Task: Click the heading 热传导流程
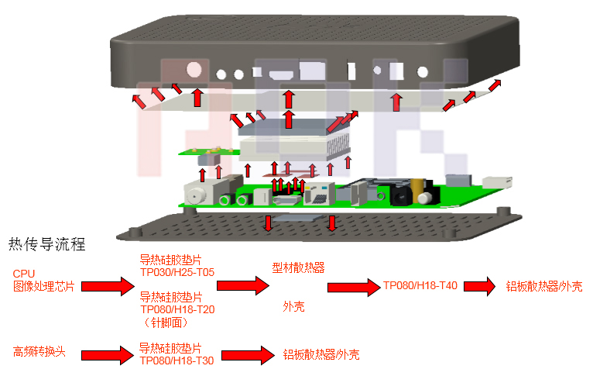point(46,245)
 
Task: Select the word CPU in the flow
point(24,274)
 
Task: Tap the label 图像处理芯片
point(43,286)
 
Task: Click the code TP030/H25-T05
point(177,272)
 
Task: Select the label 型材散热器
point(298,267)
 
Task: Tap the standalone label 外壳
point(293,307)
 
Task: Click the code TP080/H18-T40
point(420,285)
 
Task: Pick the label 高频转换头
point(39,352)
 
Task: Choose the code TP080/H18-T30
point(177,360)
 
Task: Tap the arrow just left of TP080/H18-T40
point(353,287)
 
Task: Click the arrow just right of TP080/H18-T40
point(478,286)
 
